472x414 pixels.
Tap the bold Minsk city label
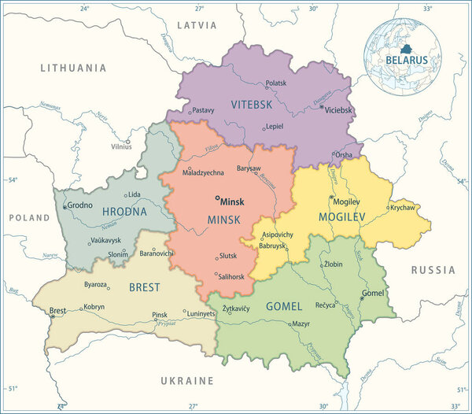[233, 201]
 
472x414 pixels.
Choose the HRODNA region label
[124, 212]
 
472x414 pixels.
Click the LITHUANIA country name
[73, 68]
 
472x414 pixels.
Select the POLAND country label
[29, 217]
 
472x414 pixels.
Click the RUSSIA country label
[433, 270]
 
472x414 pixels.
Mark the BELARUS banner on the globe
[406, 60]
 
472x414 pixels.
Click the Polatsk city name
[276, 83]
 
